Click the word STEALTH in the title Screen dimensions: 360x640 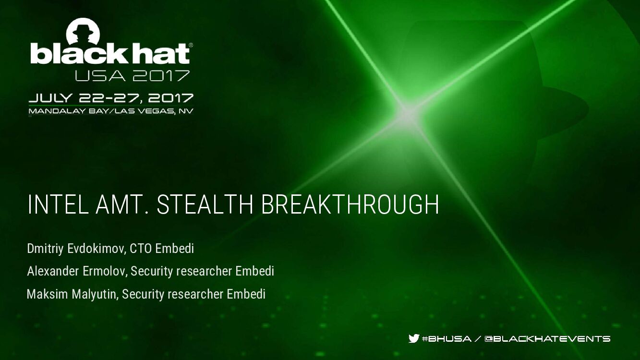coord(205,205)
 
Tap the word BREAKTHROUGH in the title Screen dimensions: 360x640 coord(350,205)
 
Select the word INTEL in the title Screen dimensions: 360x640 coord(58,205)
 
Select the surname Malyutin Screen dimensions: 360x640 coord(94,294)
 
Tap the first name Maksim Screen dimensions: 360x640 coord(48,294)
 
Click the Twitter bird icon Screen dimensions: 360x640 coord(414,338)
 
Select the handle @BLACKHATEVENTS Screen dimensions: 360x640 coord(547,339)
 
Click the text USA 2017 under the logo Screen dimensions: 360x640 coord(132,75)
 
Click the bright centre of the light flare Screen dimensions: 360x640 coord(407,113)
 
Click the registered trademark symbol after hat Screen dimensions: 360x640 coord(191,45)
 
